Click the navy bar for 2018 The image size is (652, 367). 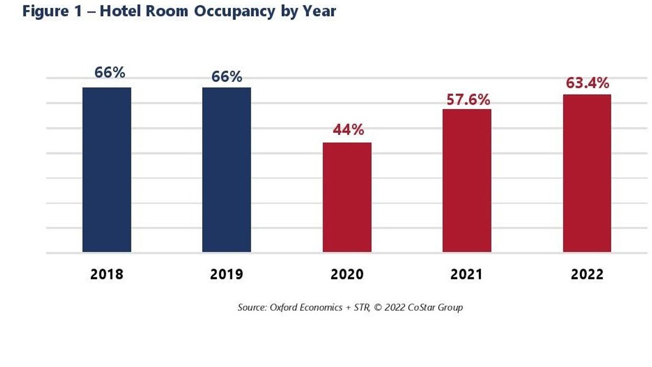point(107,170)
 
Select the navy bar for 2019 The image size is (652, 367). point(227,170)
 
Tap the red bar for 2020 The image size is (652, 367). point(347,198)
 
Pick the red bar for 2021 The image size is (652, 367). point(467,181)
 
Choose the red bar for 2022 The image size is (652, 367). point(587,174)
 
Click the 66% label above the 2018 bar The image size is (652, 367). point(109,72)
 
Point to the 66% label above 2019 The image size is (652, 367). point(227,77)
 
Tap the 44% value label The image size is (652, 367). point(348,129)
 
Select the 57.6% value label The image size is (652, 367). point(468,99)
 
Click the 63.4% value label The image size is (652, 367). point(587,83)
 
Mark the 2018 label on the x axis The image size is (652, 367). point(107,274)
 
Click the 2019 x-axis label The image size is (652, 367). point(227,274)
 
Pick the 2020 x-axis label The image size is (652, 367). point(347,274)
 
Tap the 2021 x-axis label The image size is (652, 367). point(467,274)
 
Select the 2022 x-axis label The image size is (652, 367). point(587,274)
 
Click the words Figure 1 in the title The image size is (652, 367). point(52,12)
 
